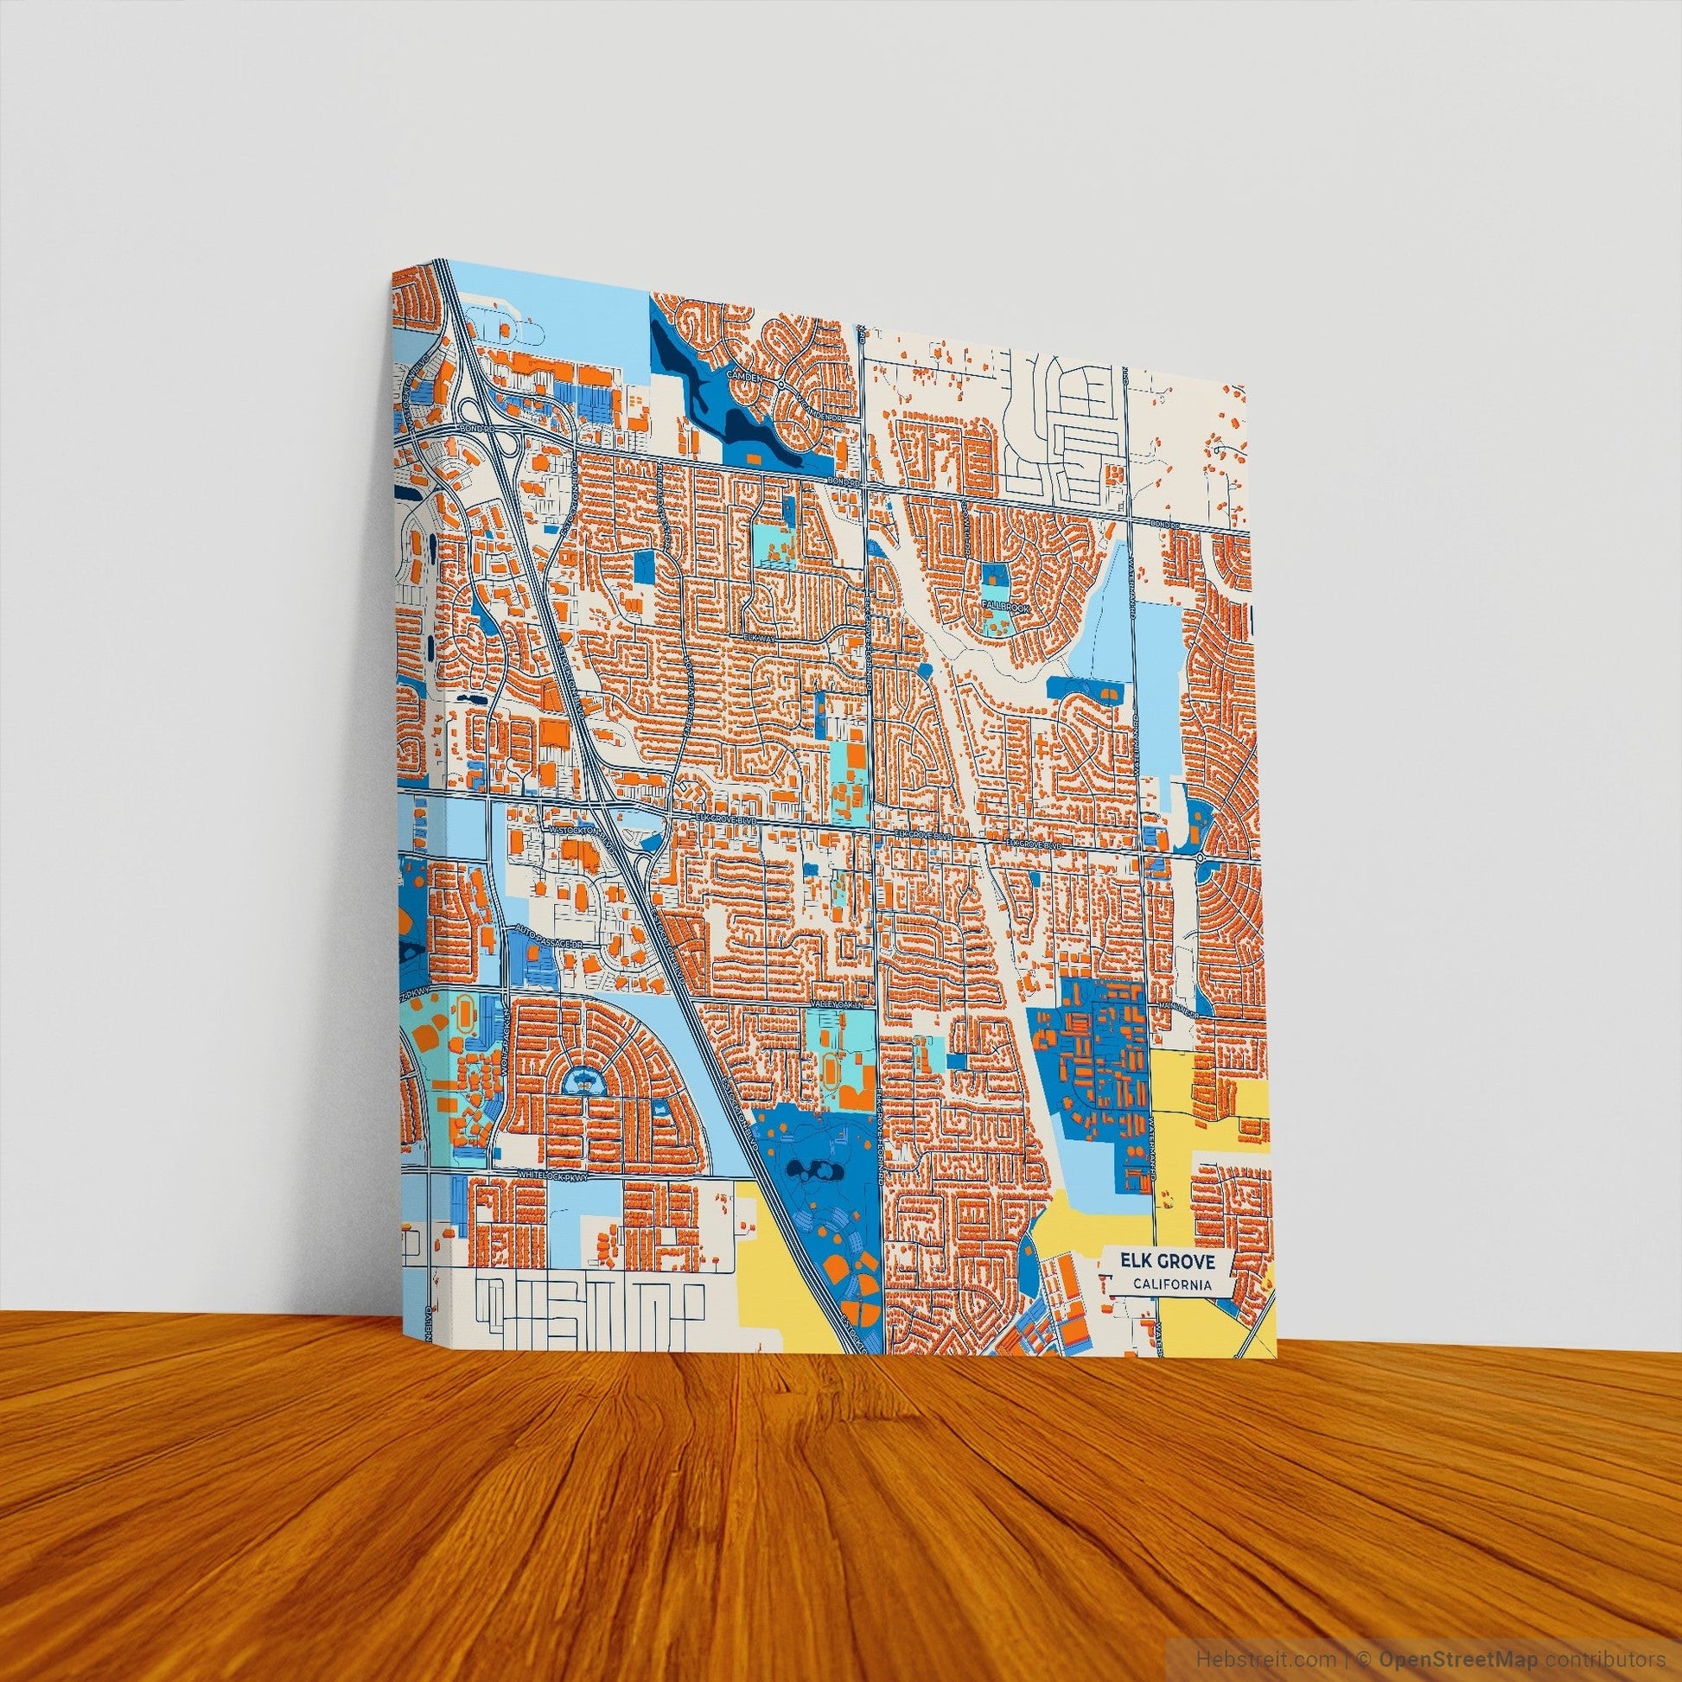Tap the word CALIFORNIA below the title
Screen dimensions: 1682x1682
click(1170, 1284)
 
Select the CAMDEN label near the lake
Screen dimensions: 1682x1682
click(749, 378)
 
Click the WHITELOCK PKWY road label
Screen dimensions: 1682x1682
click(554, 1175)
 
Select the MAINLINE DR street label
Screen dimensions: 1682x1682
click(1175, 1007)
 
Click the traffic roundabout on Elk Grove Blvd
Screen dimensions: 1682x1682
click(1201, 858)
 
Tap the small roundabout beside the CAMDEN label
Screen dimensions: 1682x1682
click(782, 383)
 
